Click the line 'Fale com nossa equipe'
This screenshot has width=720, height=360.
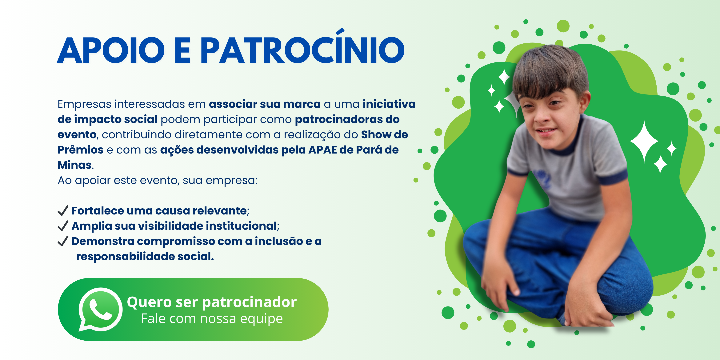[x=212, y=319]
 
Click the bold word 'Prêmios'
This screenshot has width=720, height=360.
[x=81, y=150]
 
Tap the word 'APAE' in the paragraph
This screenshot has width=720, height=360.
[x=322, y=150]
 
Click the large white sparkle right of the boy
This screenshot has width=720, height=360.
[x=644, y=141]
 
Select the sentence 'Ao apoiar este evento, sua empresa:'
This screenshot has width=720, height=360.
[x=157, y=181]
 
